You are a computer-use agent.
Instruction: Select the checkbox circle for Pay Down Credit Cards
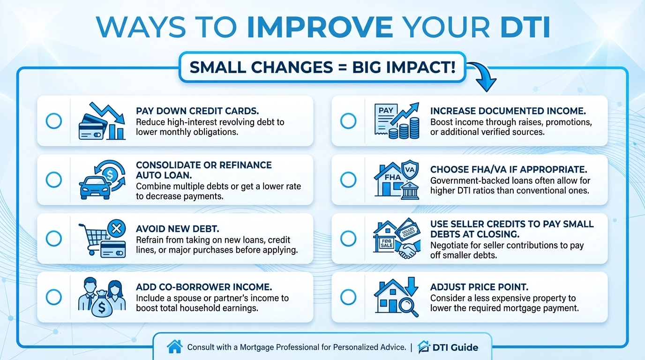[x=54, y=121]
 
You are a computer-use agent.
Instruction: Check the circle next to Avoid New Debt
[x=54, y=238]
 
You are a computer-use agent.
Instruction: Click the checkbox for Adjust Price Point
[x=348, y=297]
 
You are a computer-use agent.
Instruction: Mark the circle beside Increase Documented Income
[x=348, y=121]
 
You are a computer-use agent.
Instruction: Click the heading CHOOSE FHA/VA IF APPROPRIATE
[x=509, y=169]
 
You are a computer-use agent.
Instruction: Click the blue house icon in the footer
[x=174, y=347]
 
